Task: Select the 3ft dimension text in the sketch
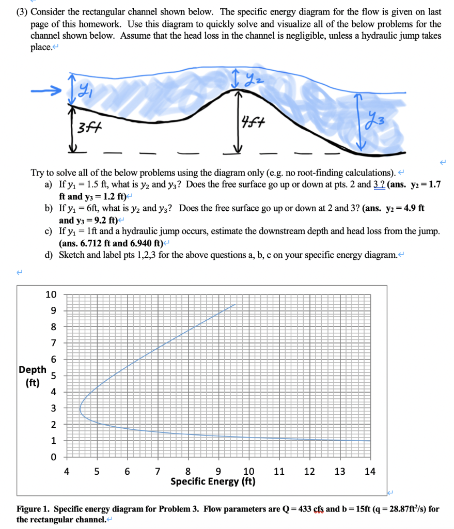(x=89, y=128)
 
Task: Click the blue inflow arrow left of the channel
(x=46, y=90)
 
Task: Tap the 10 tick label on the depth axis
(x=51, y=294)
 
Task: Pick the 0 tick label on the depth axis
(x=53, y=457)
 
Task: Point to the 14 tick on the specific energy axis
(x=370, y=471)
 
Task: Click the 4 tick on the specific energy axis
(x=67, y=471)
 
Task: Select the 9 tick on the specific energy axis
(x=218, y=471)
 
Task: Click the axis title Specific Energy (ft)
(x=213, y=481)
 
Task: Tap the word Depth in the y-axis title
(x=33, y=370)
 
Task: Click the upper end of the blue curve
(x=235, y=304)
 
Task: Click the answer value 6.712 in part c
(x=91, y=243)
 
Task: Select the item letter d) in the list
(x=49, y=255)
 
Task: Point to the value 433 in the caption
(x=305, y=509)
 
